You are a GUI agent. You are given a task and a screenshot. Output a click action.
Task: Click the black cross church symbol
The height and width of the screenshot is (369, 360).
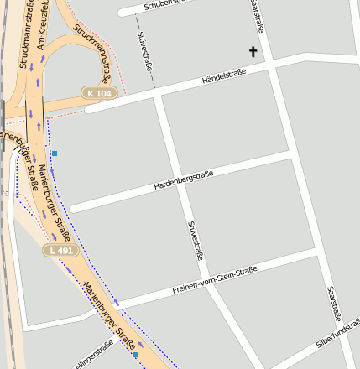(x=253, y=52)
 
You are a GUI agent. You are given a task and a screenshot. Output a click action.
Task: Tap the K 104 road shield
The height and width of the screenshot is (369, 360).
(x=98, y=93)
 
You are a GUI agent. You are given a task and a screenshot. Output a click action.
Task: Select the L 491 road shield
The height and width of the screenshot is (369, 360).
(x=60, y=250)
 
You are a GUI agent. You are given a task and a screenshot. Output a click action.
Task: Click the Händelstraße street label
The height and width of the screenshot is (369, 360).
(x=223, y=77)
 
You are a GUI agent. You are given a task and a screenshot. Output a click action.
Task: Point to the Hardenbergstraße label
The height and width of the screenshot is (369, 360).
(x=183, y=179)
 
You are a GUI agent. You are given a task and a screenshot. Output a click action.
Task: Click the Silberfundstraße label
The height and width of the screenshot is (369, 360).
(x=337, y=340)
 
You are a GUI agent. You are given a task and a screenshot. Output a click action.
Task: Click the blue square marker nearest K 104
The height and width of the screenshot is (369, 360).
(x=55, y=153)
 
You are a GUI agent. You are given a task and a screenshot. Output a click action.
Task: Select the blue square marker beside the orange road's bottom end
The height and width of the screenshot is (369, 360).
(x=134, y=355)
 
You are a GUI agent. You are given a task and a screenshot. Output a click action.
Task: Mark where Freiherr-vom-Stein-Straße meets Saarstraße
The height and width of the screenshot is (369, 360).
(x=317, y=250)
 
